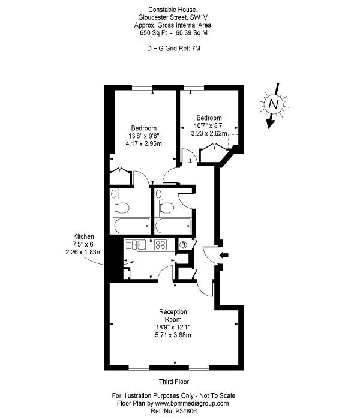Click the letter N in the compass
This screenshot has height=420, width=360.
click(x=274, y=104)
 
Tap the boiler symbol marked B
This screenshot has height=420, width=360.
click(x=183, y=245)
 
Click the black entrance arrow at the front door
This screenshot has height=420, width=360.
click(x=224, y=255)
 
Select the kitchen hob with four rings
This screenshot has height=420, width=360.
click(x=160, y=245)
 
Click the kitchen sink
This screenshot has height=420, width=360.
click(x=135, y=245)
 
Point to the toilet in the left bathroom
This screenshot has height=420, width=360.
click(x=122, y=208)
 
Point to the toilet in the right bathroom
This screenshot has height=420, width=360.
click(x=166, y=208)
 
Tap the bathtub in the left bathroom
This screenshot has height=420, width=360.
click(x=132, y=226)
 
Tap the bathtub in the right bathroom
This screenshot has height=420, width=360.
click(x=173, y=226)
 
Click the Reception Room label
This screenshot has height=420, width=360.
click(x=173, y=316)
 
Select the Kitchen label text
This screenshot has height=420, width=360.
click(x=83, y=236)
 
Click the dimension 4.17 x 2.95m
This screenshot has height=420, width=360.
click(x=144, y=143)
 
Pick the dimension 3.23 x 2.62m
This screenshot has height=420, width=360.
click(x=209, y=133)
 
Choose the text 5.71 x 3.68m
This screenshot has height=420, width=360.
click(x=173, y=335)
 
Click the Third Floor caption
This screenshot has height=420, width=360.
click(x=174, y=382)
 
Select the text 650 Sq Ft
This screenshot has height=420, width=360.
click(x=154, y=33)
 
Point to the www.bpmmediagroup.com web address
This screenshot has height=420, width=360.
click(x=192, y=403)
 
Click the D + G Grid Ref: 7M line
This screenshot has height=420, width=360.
click(x=173, y=49)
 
